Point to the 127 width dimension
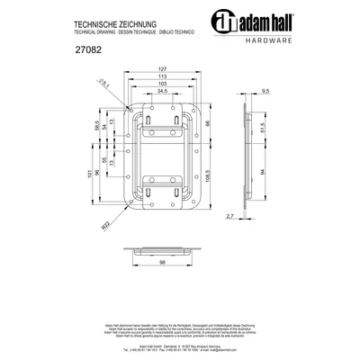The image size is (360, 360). pyautogui.click(x=162, y=68)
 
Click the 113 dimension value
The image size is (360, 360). pyautogui.click(x=162, y=76)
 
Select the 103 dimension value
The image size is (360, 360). pyautogui.click(x=162, y=85)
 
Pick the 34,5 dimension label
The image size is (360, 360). pyautogui.click(x=163, y=93)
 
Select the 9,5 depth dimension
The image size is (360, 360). pyautogui.click(x=266, y=92)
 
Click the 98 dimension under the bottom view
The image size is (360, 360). pyautogui.click(x=162, y=262)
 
